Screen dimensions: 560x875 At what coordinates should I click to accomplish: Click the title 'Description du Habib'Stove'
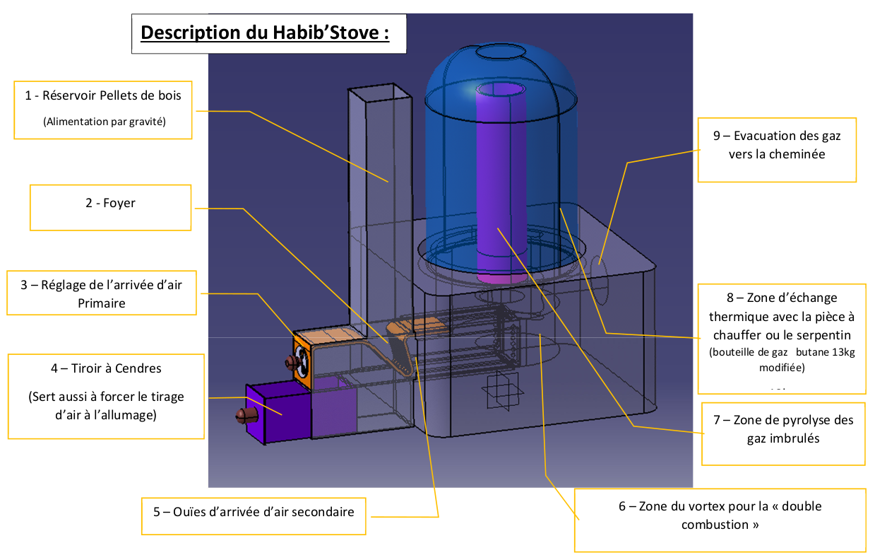(265, 33)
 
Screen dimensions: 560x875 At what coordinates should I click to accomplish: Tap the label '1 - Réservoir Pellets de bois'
(103, 95)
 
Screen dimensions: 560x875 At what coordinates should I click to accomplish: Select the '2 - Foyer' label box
(110, 204)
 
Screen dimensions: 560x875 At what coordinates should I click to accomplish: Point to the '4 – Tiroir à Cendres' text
(107, 368)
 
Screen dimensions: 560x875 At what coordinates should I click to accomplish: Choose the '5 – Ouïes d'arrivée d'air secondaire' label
(254, 511)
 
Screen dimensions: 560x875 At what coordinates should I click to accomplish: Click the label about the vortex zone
(720, 515)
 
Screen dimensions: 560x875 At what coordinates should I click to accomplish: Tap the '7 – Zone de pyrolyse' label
(783, 428)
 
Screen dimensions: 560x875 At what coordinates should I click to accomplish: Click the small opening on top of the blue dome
(500, 52)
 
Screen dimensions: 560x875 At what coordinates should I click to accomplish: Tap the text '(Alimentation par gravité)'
(104, 121)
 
